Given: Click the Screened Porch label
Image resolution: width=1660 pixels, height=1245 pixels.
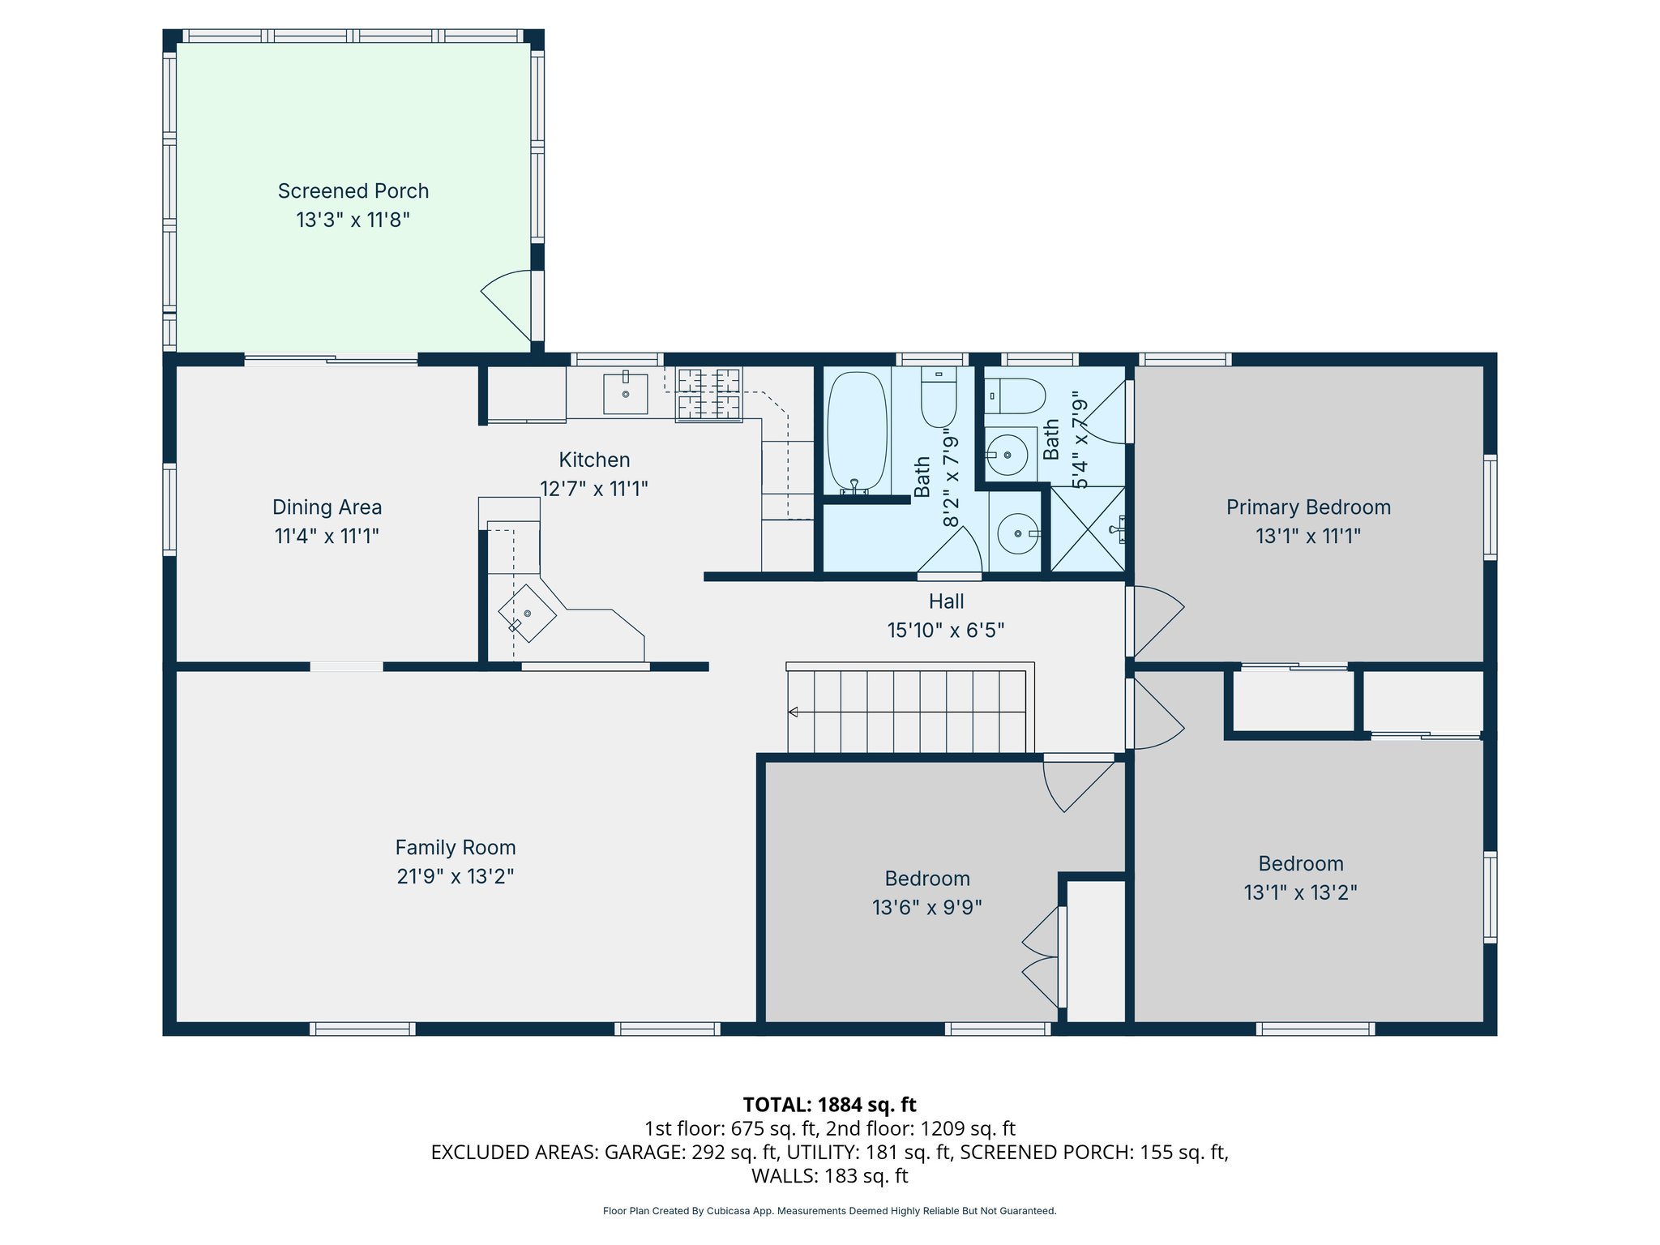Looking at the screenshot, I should (x=353, y=191).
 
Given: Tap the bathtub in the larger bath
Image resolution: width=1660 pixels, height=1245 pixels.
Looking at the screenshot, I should (x=857, y=432).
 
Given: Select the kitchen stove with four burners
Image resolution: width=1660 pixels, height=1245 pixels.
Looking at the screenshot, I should (x=709, y=395).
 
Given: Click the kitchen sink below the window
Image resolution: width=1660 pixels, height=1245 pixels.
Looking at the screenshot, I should (x=626, y=394).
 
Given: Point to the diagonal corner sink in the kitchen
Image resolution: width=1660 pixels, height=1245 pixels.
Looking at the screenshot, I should (x=527, y=614).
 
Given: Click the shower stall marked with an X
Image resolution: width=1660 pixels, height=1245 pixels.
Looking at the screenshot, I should (x=1088, y=528).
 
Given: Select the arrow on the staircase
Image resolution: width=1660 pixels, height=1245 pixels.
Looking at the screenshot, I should (x=794, y=712).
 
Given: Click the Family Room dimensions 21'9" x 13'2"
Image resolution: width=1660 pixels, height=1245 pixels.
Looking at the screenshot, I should (x=456, y=876).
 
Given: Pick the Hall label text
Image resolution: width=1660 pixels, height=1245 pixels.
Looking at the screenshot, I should (x=946, y=601).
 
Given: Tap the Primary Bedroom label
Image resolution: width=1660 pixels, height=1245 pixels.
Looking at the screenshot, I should (x=1308, y=507).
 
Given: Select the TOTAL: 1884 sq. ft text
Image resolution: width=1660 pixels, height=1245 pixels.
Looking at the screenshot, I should (x=829, y=1105).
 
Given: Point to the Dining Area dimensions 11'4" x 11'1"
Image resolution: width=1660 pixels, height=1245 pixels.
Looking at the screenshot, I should (x=327, y=536).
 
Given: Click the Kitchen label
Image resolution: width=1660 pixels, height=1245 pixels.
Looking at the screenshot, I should (x=594, y=460).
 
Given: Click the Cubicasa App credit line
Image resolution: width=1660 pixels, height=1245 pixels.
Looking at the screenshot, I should (x=829, y=1211).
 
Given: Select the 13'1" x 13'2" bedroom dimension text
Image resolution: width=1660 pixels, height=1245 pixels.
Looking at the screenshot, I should (x=1300, y=892).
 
